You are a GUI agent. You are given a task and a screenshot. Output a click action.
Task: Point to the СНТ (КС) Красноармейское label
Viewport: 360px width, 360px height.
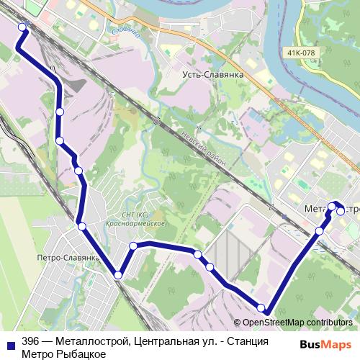click(x=143, y=219)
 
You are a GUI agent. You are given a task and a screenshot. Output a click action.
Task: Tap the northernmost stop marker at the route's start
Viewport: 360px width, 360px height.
click(x=22, y=27)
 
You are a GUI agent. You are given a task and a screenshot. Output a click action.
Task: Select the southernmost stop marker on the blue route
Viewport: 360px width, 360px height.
click(x=261, y=308)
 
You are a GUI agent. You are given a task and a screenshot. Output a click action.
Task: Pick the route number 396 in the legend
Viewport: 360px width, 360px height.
click(x=30, y=341)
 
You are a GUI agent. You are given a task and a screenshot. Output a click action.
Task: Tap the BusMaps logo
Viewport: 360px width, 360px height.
click(x=330, y=343)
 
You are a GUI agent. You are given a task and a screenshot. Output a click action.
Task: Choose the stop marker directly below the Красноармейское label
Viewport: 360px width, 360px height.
click(x=133, y=247)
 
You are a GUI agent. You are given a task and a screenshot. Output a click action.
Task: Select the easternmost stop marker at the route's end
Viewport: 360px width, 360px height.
click(x=340, y=211)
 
